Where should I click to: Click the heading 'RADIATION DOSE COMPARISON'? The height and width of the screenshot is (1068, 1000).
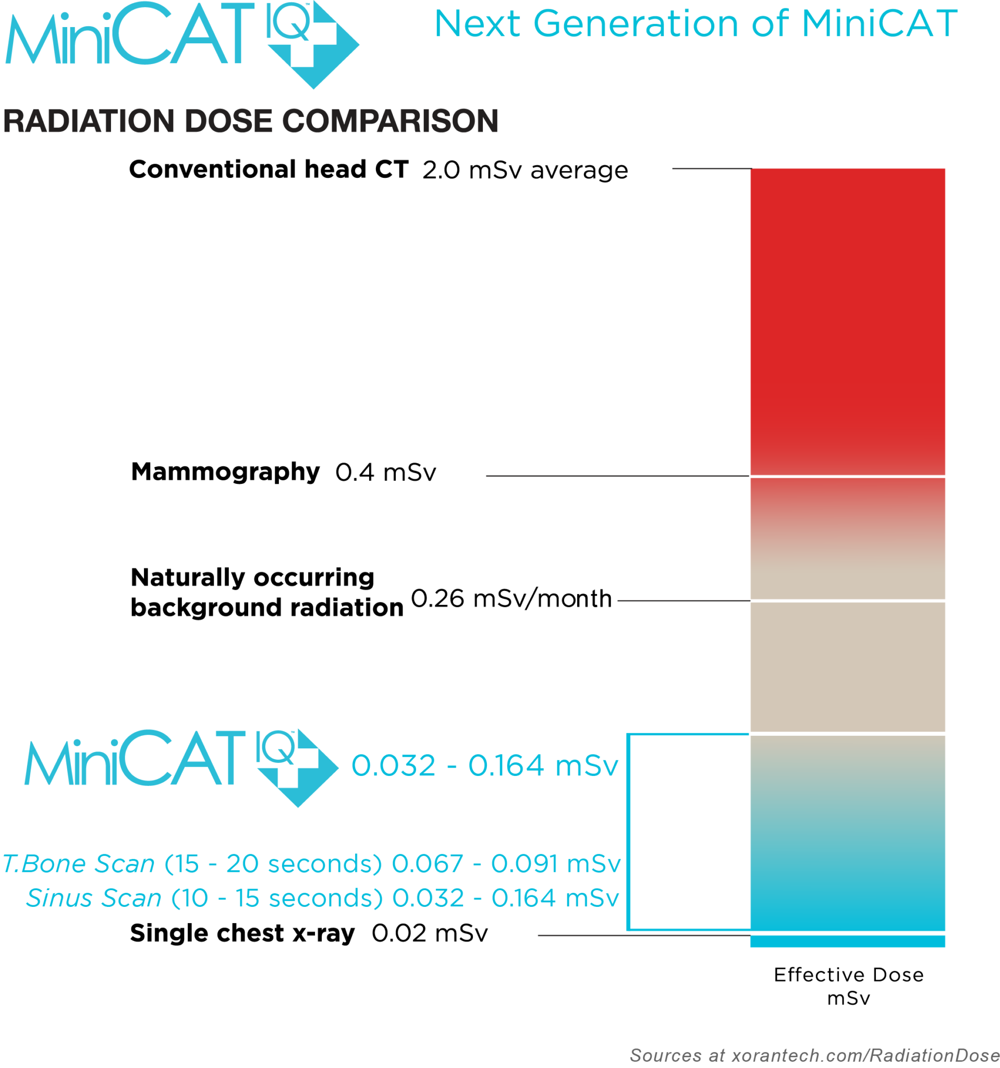[x=251, y=121]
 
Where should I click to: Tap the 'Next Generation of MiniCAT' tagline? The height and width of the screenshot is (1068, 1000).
[x=695, y=24]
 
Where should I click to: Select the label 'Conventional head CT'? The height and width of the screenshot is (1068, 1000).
[x=269, y=169]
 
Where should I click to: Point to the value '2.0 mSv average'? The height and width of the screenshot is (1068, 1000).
[x=525, y=171]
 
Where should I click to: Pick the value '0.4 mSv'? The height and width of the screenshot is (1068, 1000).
[x=385, y=473]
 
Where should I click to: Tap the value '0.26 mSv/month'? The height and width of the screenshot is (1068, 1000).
[x=511, y=599]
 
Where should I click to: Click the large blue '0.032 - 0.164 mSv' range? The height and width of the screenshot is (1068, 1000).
[x=484, y=766]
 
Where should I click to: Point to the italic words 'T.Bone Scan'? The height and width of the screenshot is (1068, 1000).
[x=79, y=864]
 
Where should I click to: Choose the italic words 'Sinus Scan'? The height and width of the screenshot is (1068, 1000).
[x=94, y=898]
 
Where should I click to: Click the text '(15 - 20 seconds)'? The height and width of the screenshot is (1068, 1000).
[x=273, y=864]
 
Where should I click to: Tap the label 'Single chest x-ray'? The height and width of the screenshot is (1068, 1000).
[x=242, y=933]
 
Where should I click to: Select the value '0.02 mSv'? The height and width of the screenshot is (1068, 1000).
[x=429, y=933]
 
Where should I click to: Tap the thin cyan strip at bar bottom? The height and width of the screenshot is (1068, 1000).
[x=847, y=941]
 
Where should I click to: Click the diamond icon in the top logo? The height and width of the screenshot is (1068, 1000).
[x=313, y=46]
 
